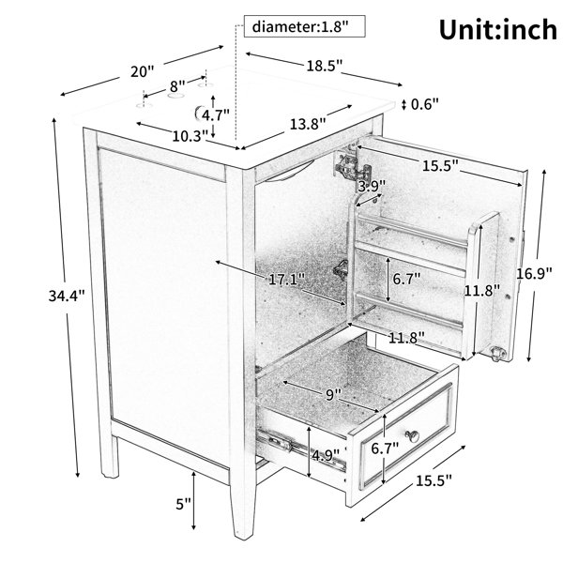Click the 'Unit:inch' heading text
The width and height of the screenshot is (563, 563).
coord(498,30)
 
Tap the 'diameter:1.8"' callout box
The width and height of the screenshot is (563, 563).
coord(304,26)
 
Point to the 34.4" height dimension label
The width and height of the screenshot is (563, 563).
coord(67,296)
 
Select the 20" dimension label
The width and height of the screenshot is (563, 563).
coord(142,71)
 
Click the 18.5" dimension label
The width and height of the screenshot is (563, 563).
coord(325,66)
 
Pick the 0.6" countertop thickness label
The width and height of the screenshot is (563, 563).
coord(425,104)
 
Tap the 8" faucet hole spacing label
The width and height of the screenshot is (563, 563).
coord(177,86)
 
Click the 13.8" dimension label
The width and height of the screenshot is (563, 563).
coord(308,124)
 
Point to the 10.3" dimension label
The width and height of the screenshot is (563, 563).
coord(190,136)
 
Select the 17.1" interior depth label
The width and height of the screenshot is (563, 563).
coord(287,279)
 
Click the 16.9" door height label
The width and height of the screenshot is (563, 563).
coord(534,274)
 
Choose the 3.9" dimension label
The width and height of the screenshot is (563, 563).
coord(372,186)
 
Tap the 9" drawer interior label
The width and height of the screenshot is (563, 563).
coord(333,395)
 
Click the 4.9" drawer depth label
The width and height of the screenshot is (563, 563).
coord(326,455)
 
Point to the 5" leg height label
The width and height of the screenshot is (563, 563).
coord(184,504)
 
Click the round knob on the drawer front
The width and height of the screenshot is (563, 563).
coord(413,436)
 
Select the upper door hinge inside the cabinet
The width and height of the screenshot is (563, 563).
coord(352,166)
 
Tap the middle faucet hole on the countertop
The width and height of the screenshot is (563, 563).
coord(176,96)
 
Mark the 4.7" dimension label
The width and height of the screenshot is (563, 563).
coord(216,115)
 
